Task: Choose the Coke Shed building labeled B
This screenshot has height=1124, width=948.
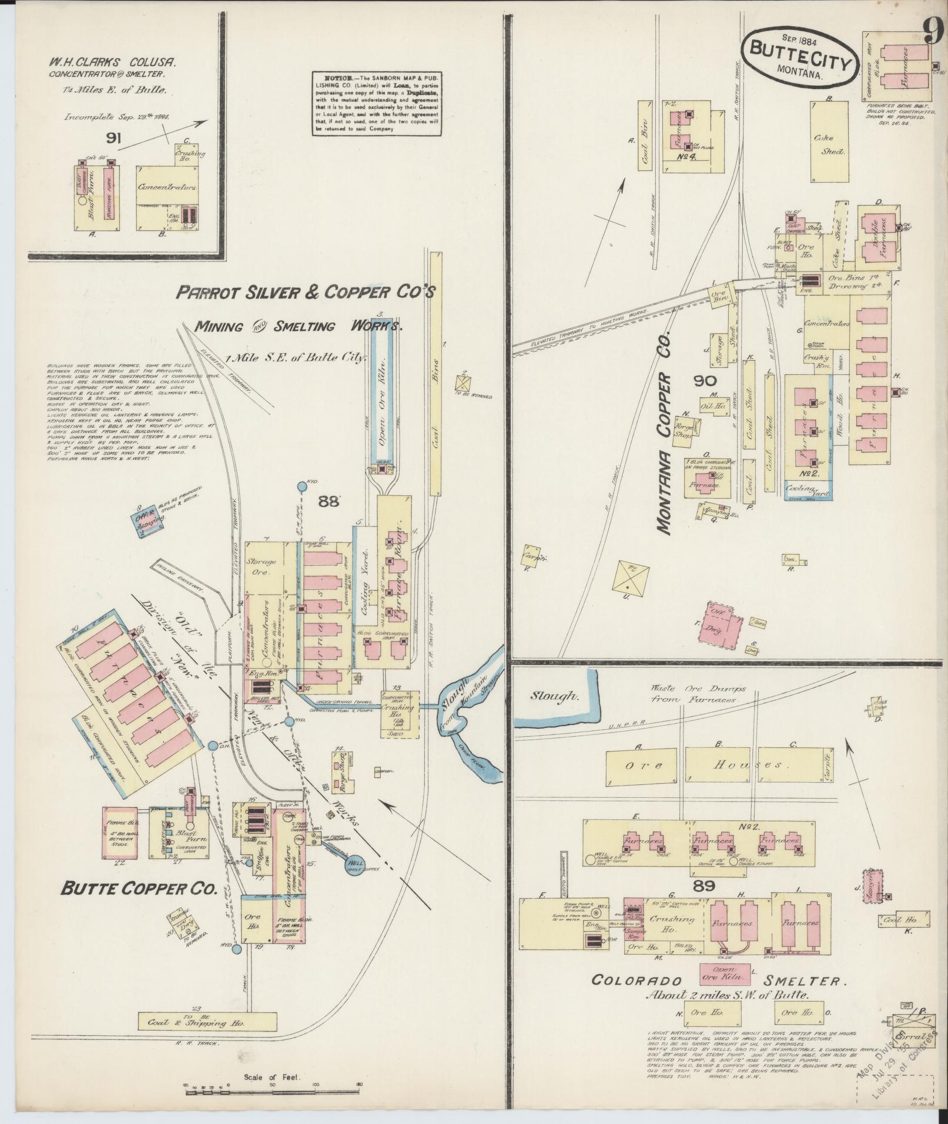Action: point(829,142)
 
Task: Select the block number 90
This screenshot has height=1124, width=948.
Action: point(704,381)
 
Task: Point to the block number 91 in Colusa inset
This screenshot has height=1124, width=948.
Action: point(115,138)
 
